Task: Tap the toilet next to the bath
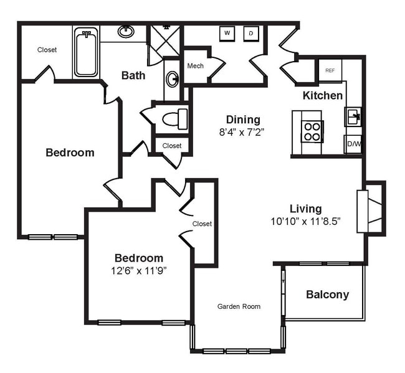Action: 174,118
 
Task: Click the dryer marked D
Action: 251,33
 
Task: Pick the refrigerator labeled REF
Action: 330,70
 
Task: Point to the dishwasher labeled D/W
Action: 353,144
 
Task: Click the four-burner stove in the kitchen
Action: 312,131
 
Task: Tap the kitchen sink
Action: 353,116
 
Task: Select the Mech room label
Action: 195,65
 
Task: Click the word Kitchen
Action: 322,95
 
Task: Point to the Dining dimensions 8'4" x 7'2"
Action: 242,132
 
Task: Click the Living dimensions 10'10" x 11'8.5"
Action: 305,221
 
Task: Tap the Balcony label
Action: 327,295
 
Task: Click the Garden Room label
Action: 239,306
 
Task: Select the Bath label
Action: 133,75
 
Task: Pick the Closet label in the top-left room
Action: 47,50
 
